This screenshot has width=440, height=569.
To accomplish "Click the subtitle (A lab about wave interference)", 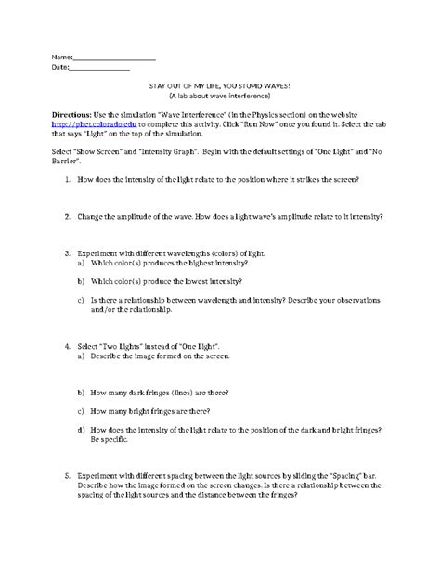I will [x=220, y=96].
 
